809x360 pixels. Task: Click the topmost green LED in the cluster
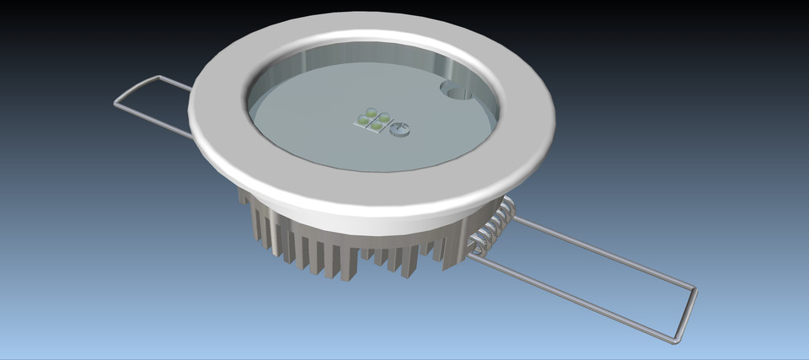(x=371, y=110)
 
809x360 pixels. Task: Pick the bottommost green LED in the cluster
(x=374, y=127)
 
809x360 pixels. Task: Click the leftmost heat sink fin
(x=244, y=211)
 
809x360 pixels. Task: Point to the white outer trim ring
(x=371, y=194)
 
